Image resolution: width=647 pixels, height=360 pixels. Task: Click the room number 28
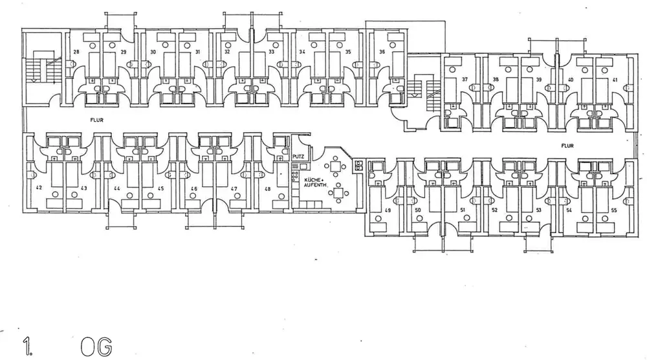(x=76, y=51)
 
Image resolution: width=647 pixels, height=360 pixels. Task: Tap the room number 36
(x=382, y=51)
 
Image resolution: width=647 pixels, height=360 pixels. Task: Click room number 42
(x=39, y=188)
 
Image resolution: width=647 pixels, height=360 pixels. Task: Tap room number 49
(x=388, y=211)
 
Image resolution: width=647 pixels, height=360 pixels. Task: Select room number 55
(x=613, y=211)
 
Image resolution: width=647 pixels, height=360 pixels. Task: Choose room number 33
(x=272, y=51)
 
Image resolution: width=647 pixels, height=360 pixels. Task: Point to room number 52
(x=494, y=211)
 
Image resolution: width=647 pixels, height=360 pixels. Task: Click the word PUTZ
(x=298, y=157)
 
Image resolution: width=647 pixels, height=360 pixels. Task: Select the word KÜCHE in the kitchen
(x=314, y=179)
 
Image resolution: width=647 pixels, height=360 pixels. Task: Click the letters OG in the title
(x=97, y=344)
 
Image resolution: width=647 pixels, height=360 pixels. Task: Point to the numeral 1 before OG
(x=27, y=345)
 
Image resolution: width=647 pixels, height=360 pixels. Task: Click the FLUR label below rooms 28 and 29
(x=98, y=119)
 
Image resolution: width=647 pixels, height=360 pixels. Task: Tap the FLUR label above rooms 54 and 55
(x=568, y=146)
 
